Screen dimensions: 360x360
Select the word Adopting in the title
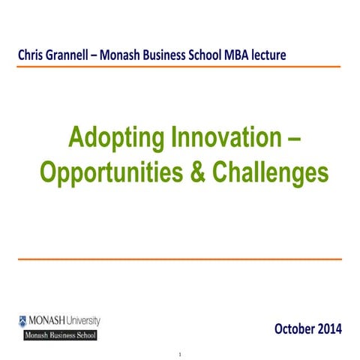113,139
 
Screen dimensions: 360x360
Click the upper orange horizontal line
180,67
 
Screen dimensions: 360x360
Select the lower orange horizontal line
180,259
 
